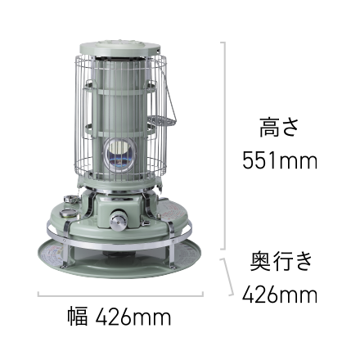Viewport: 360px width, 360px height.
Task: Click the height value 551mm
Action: pos(280,160)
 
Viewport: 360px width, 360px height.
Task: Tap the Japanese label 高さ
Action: pos(279,128)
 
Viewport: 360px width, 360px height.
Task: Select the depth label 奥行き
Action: pos(281,261)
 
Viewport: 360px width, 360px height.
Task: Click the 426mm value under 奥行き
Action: pos(280,295)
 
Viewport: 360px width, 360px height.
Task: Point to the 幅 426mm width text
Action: pos(119,317)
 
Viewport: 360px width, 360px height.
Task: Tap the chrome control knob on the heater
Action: pos(119,219)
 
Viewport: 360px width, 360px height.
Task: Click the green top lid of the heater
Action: pos(119,47)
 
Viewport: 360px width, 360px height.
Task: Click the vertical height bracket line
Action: pos(224,146)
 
